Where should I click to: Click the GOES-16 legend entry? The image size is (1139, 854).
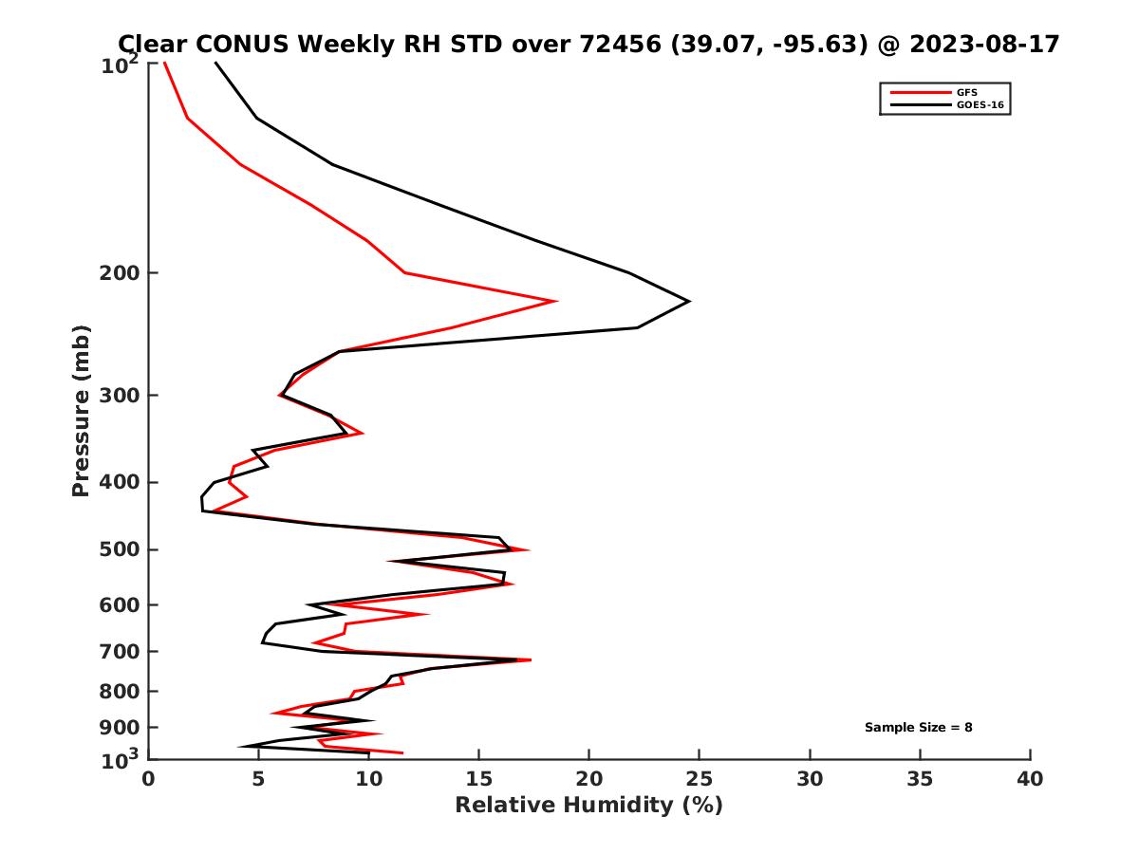tap(978, 104)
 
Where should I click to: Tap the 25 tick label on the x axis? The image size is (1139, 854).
tap(700, 779)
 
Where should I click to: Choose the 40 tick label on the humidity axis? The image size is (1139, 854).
tap(1030, 779)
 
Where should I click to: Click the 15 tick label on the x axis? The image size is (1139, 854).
tap(479, 779)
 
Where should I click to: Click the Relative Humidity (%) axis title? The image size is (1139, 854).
tap(588, 806)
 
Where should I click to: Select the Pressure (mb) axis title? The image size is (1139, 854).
tap(82, 411)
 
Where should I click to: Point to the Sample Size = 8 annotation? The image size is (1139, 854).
tap(918, 728)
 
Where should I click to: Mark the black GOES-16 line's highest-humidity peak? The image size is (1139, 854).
tap(689, 301)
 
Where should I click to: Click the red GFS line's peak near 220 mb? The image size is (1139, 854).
tap(556, 301)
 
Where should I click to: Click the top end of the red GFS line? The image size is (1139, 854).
tap(164, 64)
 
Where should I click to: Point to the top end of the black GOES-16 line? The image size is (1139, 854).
tap(215, 64)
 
